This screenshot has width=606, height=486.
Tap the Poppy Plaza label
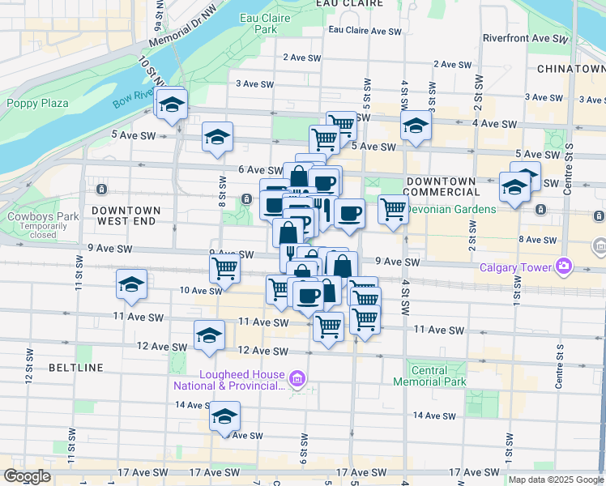[37, 103]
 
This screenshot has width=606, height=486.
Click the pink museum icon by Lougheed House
[297, 378]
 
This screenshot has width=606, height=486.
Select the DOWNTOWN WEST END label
[126, 215]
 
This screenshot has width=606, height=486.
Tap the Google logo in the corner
[27, 476]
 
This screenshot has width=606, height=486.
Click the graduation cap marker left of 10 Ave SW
[131, 286]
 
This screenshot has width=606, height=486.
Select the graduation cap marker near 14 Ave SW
[225, 417]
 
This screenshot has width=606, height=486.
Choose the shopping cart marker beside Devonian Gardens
[393, 209]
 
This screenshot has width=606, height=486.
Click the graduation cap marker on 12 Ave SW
[209, 336]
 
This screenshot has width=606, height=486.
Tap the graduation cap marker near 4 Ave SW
[416, 126]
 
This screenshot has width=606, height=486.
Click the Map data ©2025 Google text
[556, 480]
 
